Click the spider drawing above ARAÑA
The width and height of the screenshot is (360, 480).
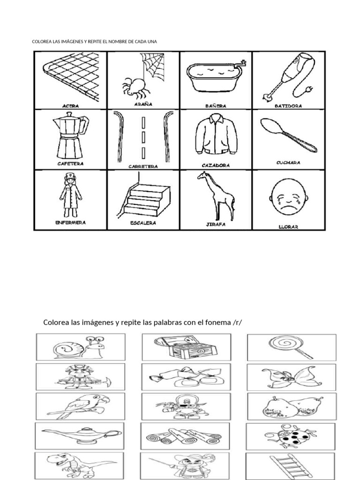134,86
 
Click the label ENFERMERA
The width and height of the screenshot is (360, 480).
70,223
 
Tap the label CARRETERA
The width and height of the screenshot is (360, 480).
143,166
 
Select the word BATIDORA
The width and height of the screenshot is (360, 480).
288,106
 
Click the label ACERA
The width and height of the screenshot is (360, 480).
70,106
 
